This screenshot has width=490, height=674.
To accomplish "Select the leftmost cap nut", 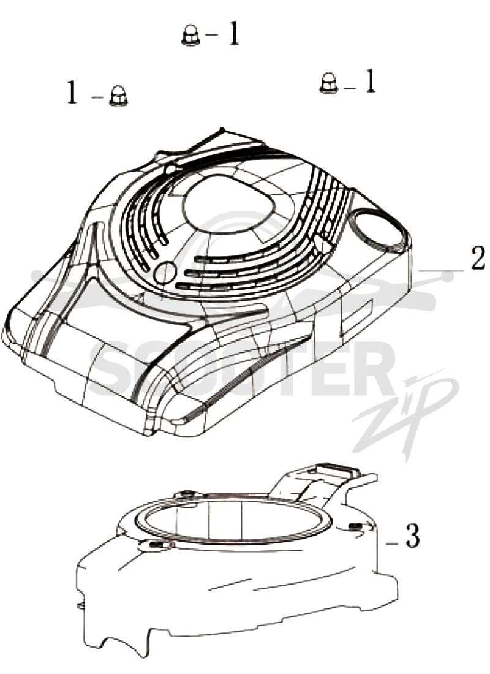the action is click(x=117, y=96).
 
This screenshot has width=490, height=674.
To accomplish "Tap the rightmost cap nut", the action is click(x=329, y=83).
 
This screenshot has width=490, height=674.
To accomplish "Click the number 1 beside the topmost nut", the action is click(x=233, y=34).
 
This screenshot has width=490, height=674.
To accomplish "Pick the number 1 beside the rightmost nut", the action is click(x=370, y=81).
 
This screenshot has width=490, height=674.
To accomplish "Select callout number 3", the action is click(x=412, y=535).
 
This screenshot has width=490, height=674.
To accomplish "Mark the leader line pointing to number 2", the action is click(x=440, y=271).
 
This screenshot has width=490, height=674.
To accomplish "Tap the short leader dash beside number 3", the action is click(x=391, y=543).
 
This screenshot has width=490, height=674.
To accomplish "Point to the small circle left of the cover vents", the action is click(x=165, y=273).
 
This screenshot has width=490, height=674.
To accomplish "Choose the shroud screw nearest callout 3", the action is click(x=354, y=526).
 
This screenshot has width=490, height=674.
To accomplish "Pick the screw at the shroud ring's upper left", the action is click(x=187, y=492).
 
